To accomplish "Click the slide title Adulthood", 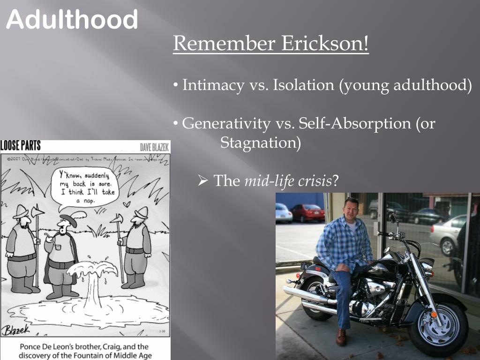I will tap(72, 20).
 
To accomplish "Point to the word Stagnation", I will tap(261, 142).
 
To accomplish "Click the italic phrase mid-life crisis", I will tap(288, 180).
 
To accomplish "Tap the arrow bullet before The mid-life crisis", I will tap(202, 180).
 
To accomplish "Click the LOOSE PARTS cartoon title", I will tap(21, 146).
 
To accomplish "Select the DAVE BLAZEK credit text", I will tap(155, 147).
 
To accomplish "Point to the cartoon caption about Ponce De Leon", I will tap(85, 351).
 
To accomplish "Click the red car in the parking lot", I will tap(307, 213).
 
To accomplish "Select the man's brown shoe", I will tap(342, 336).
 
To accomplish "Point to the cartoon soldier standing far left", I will tap(21, 248).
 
